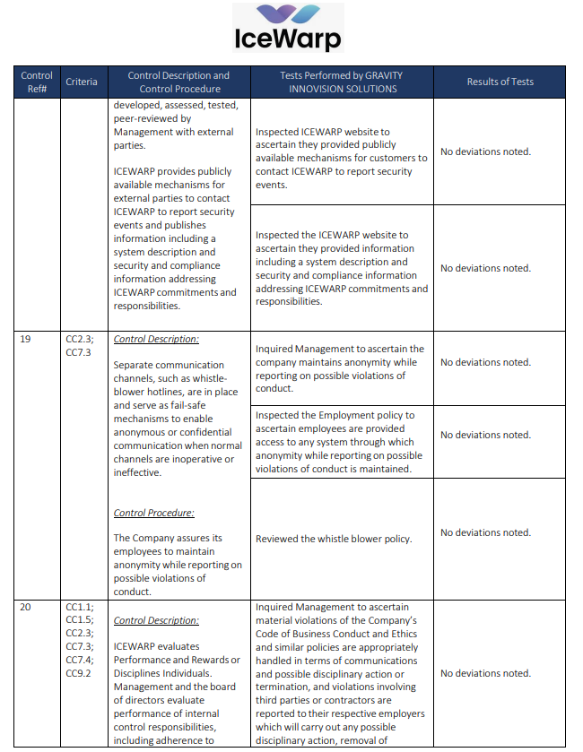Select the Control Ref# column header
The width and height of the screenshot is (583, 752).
point(37,82)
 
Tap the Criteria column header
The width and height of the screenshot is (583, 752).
point(82,82)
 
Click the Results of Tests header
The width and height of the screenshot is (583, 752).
point(500,82)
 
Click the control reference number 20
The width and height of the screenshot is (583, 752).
point(26,607)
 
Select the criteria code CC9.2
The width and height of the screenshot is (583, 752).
point(78,673)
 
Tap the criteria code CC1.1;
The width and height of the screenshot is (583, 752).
point(80,607)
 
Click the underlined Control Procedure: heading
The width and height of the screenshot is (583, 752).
point(154,513)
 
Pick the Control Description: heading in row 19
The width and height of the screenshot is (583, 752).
point(156,340)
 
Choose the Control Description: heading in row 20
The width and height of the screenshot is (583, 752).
point(156,620)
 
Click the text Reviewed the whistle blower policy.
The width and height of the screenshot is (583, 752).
point(334,539)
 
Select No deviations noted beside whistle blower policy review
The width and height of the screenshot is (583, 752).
point(485,532)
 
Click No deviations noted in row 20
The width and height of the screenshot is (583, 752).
point(485,673)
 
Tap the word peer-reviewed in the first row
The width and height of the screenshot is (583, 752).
point(143,118)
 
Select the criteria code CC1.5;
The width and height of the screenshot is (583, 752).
point(80,620)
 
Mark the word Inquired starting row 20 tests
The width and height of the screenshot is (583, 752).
point(274,607)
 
